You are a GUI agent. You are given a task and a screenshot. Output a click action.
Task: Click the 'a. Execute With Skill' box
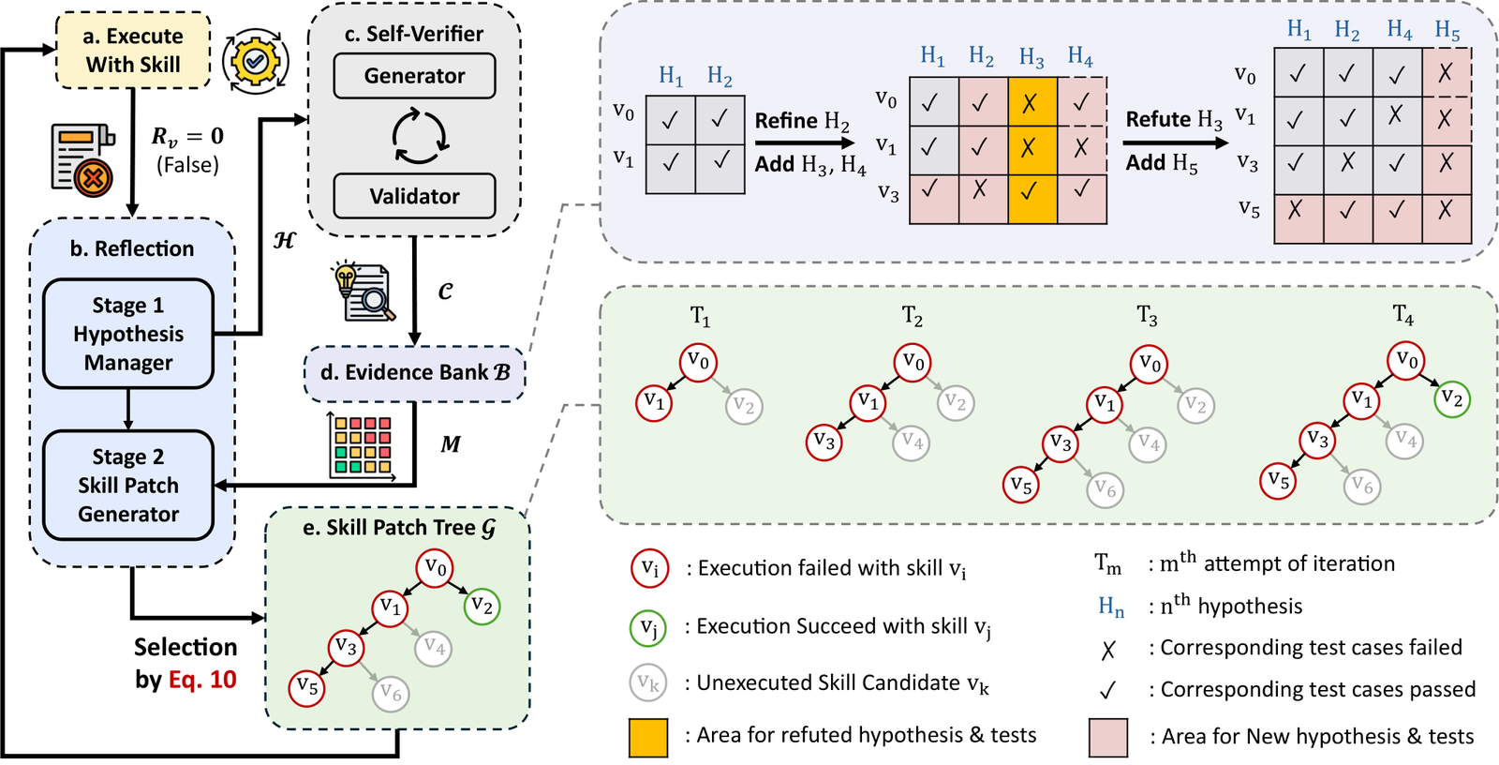[132, 51]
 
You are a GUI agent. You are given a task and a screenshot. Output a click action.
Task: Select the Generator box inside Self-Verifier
[414, 76]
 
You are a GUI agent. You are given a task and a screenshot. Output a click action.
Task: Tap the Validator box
[414, 196]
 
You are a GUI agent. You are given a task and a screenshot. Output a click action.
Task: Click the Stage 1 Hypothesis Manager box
[128, 334]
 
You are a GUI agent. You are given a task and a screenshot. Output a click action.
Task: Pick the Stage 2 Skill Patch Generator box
[128, 485]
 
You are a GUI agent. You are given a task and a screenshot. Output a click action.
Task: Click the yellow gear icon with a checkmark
[255, 62]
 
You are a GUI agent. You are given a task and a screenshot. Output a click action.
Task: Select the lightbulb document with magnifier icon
[362, 292]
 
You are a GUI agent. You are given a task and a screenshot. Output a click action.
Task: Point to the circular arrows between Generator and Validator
[420, 136]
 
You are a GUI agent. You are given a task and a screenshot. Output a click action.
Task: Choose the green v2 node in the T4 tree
[1452, 400]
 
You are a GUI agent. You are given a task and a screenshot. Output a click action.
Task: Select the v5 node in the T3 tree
[1020, 485]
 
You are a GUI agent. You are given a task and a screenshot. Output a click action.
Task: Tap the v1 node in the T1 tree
[654, 402]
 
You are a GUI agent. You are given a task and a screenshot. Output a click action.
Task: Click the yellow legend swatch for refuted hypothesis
[647, 738]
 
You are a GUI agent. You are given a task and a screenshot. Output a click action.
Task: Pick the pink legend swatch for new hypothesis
[1108, 738]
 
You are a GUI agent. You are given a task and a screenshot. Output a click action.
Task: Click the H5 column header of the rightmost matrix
[1447, 31]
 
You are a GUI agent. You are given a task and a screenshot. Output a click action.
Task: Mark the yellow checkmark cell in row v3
[1032, 199]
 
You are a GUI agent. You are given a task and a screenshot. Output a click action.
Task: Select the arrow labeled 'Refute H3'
[1175, 142]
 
